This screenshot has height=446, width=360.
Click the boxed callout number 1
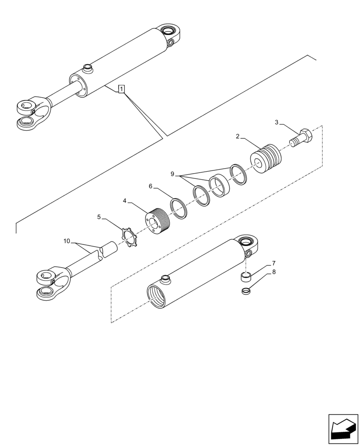click(x=121, y=89)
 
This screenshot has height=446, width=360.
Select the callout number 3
click(x=277, y=122)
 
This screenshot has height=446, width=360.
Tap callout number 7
click(x=274, y=264)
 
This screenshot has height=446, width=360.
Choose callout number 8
click(x=274, y=271)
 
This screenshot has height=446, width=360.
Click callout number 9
click(x=172, y=174)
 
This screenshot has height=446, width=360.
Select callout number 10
click(x=67, y=241)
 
